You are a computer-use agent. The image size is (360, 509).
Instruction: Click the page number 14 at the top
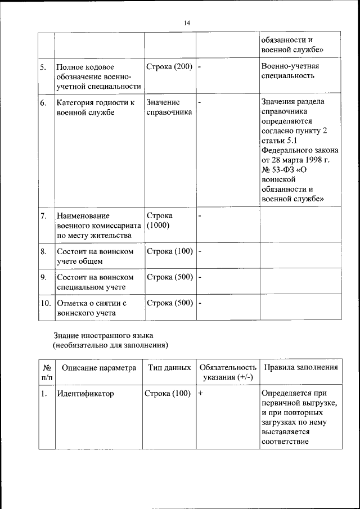pyautogui.click(x=186, y=23)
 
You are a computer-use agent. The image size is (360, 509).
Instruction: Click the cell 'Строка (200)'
pyautogui.click(x=169, y=67)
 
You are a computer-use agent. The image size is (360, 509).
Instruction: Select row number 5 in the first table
pyautogui.click(x=43, y=67)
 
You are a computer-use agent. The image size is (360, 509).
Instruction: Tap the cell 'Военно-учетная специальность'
pyautogui.click(x=290, y=73)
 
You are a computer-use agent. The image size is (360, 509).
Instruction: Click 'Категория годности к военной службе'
pyautogui.click(x=96, y=107)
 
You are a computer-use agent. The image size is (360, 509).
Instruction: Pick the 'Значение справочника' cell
pyautogui.click(x=169, y=107)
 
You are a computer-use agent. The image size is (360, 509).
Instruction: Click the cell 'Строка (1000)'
pyautogui.click(x=160, y=220)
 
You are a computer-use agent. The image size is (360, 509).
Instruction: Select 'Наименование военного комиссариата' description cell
pyautogui.click(x=98, y=226)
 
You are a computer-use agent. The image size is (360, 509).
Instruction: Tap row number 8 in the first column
pyautogui.click(x=43, y=251)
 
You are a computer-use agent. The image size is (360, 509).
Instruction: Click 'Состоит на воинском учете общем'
pyautogui.click(x=95, y=256)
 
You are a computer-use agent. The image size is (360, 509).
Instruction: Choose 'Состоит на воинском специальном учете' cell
pyautogui.click(x=95, y=282)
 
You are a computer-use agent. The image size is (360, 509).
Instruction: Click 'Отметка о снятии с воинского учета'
pyautogui.click(x=92, y=308)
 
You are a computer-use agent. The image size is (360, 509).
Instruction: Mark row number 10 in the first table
pyautogui.click(x=46, y=303)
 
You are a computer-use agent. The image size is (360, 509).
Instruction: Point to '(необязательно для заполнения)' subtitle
pyautogui.click(x=110, y=345)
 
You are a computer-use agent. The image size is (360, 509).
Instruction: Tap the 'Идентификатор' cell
pyautogui.click(x=85, y=394)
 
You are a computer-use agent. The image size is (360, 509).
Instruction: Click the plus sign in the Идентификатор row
pyautogui.click(x=201, y=394)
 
